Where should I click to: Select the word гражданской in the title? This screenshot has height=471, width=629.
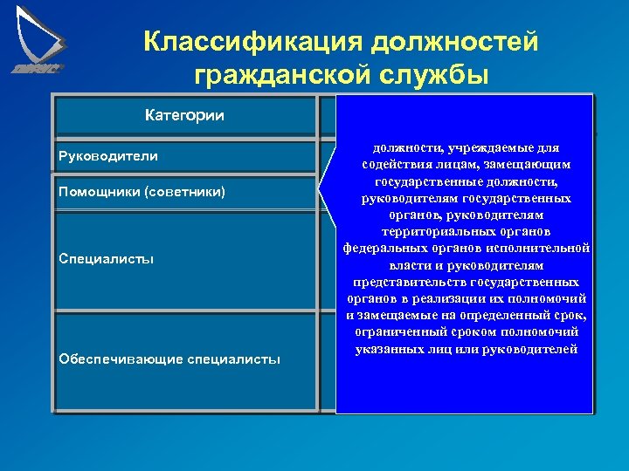(x=282, y=76)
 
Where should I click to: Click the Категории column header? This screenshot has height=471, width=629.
(x=184, y=115)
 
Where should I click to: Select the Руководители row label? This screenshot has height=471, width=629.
(x=107, y=156)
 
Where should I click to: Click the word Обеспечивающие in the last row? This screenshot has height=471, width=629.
(x=121, y=358)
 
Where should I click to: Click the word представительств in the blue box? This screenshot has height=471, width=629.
(x=408, y=282)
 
